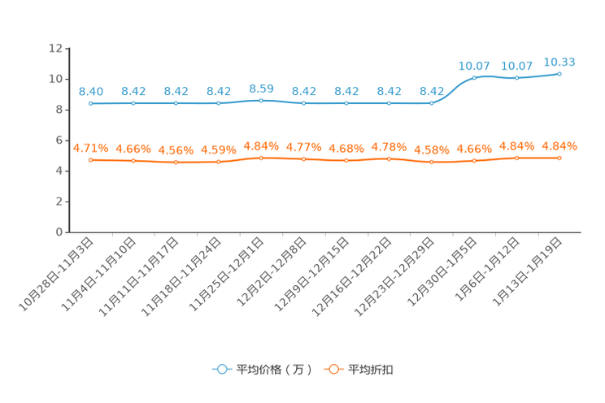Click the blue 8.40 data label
(x=90, y=91)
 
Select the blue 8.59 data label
(x=261, y=87)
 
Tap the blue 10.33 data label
(x=559, y=61)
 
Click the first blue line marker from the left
(x=90, y=104)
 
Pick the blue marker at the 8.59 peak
(x=261, y=100)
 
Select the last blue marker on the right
(x=559, y=74)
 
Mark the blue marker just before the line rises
(x=432, y=104)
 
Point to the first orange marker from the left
(x=90, y=160)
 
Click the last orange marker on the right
(x=559, y=158)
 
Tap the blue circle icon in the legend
(x=221, y=369)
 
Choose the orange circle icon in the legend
(x=333, y=369)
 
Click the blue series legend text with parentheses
(x=274, y=370)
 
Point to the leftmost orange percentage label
(x=90, y=147)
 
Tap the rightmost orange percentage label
(x=559, y=145)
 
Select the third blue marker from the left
(x=176, y=104)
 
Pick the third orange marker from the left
(x=176, y=163)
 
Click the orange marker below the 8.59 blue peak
(x=261, y=158)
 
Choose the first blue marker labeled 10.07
(x=474, y=77)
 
